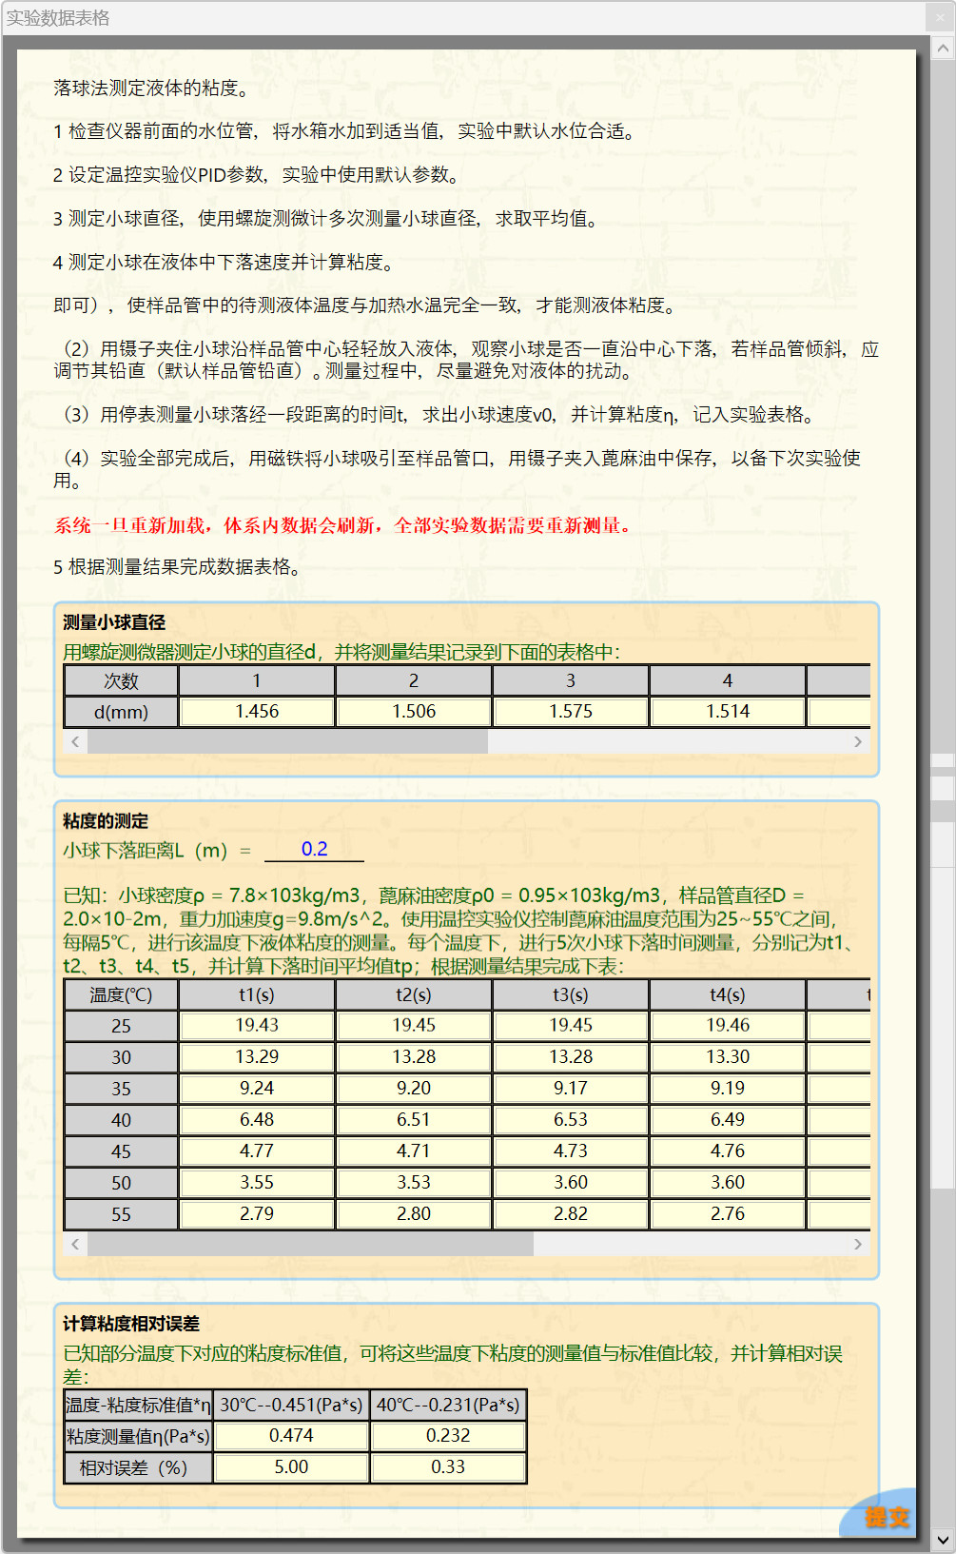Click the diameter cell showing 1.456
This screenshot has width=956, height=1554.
point(257,712)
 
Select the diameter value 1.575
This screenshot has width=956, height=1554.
point(571,712)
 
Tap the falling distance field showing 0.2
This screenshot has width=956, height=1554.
point(314,850)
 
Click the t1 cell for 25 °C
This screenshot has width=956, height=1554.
point(257,1026)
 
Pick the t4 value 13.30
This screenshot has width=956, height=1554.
point(728,1057)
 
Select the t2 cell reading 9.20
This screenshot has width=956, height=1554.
point(414,1089)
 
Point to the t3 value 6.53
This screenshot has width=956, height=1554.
point(571,1120)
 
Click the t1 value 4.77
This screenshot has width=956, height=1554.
point(257,1151)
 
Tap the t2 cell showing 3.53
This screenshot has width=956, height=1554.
point(414,1183)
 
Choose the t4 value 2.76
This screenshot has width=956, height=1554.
point(728,1214)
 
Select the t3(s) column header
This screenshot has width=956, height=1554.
point(571,995)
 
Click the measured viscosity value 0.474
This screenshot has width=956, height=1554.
point(291,1436)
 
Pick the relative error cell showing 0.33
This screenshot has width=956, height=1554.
point(448,1467)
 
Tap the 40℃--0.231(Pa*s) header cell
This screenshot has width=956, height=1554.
point(448,1406)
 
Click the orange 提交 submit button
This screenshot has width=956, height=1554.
point(886,1517)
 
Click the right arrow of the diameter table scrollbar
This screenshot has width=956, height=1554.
point(858,742)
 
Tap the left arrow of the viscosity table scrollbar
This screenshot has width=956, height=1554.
point(75,1245)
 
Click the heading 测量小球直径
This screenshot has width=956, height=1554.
point(114,623)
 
